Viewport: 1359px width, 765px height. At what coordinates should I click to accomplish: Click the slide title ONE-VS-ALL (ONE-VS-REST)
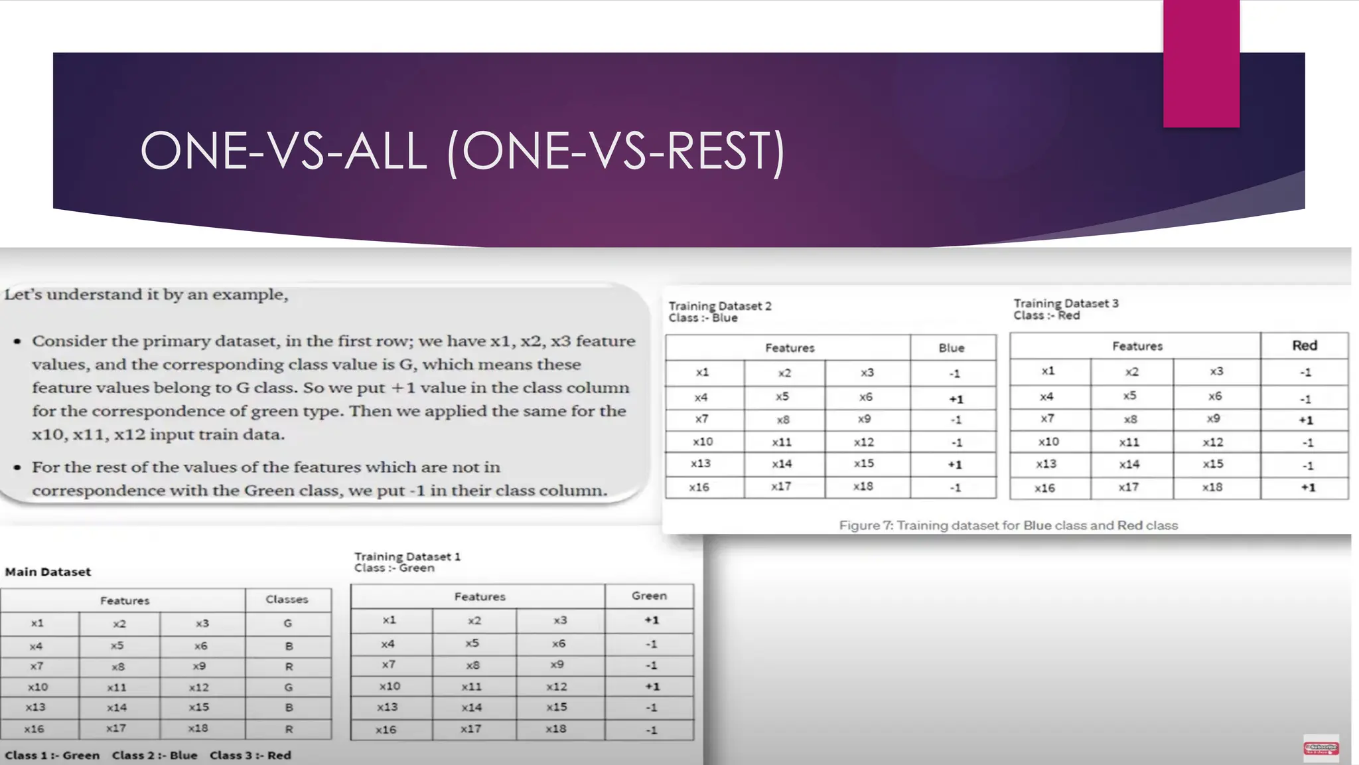(463, 151)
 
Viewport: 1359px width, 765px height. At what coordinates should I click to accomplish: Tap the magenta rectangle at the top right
(1201, 63)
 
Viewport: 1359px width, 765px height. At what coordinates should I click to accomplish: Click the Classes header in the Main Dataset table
(287, 599)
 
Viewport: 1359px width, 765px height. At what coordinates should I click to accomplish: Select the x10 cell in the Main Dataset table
(38, 687)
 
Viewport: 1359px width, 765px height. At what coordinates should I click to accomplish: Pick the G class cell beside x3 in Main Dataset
(288, 624)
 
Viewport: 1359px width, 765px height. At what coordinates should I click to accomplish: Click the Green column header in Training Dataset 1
(649, 596)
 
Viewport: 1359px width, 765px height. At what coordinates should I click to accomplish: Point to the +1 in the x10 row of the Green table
(652, 687)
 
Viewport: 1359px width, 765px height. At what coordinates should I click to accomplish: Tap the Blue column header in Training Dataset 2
(952, 348)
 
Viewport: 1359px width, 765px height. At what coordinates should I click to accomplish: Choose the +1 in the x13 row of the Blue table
(954, 464)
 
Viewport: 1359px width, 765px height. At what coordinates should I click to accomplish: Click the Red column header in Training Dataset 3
(1304, 345)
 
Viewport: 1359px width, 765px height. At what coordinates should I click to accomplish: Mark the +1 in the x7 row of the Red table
(1305, 420)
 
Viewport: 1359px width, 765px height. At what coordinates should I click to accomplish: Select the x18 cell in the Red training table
(1212, 487)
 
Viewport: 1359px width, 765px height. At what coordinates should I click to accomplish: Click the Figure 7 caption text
(1008, 525)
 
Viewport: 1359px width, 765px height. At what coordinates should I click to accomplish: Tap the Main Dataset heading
(48, 572)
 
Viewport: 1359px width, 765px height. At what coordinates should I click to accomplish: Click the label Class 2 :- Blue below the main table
(155, 755)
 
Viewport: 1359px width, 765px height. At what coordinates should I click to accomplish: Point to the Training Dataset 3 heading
(1066, 303)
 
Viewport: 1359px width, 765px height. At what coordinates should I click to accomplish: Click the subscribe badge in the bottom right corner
(1321, 748)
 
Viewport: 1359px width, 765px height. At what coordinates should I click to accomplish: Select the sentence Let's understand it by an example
(147, 294)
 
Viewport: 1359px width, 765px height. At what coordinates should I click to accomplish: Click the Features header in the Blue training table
(790, 348)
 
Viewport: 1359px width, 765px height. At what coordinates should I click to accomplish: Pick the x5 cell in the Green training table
(472, 643)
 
